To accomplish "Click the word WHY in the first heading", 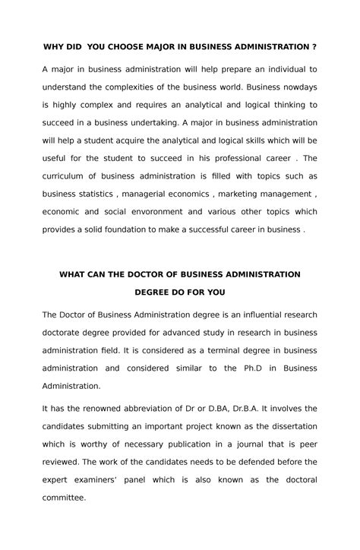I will coord(54,47).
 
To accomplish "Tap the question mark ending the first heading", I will coord(314,47).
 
